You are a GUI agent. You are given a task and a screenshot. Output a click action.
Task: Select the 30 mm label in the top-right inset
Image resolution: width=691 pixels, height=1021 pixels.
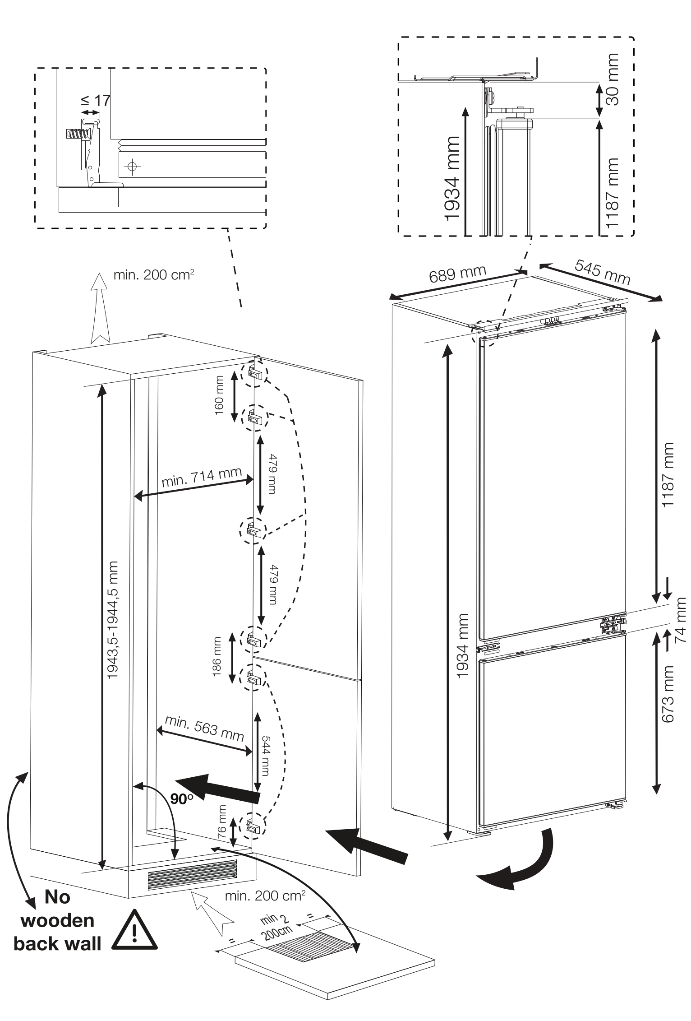point(612,79)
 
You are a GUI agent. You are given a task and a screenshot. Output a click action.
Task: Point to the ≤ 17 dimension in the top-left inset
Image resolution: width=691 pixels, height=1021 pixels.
point(96,100)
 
